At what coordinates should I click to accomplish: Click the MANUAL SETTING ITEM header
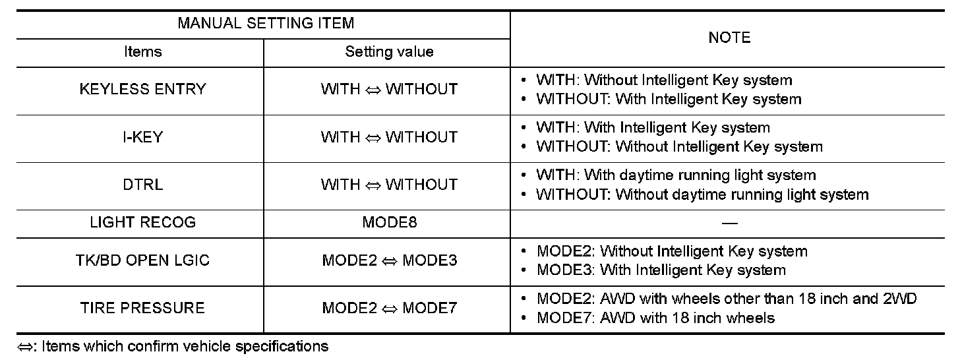tap(266, 24)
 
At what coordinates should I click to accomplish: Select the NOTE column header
tap(729, 38)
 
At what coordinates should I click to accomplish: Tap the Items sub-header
tap(142, 52)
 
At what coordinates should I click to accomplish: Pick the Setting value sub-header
tap(389, 52)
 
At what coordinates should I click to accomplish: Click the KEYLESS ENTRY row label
tap(142, 90)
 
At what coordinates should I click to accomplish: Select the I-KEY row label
tap(142, 137)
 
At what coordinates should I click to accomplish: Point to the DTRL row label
tap(142, 185)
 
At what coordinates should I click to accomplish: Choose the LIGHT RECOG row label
tap(142, 222)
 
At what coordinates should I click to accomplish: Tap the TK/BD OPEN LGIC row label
tap(142, 260)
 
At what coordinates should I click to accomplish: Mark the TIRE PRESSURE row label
tap(142, 308)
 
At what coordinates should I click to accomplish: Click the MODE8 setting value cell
tap(389, 222)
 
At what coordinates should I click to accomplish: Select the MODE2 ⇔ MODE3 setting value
tap(389, 260)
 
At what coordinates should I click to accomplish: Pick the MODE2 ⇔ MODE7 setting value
tap(389, 308)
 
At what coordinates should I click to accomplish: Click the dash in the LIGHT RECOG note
tap(729, 224)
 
